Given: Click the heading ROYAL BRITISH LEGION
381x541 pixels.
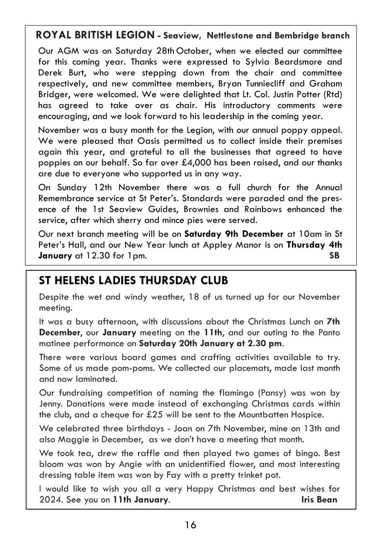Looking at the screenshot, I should click(95, 35).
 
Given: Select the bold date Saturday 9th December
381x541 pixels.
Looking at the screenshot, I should click(233, 234).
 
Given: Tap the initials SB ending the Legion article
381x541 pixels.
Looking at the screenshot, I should click(334, 256).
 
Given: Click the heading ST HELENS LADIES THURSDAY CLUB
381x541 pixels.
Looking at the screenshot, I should click(134, 281).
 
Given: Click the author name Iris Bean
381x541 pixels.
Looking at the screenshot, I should click(319, 500).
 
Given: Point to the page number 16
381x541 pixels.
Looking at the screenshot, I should click(190, 526).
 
